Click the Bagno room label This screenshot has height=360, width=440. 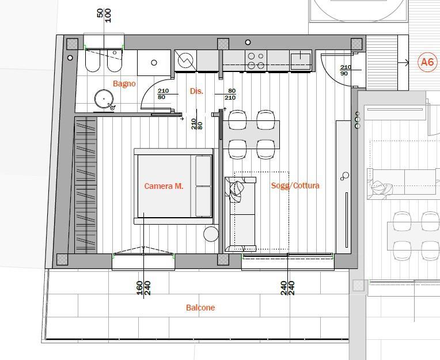[x=124, y=84]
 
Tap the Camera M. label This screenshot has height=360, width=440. [x=164, y=186]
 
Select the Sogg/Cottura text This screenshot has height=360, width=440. [x=295, y=185]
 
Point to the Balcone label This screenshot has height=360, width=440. [x=200, y=308]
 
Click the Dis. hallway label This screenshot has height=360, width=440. [x=196, y=91]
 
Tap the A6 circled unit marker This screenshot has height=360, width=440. [x=427, y=62]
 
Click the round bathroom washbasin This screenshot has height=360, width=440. [x=104, y=99]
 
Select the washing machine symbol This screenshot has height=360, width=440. [x=185, y=60]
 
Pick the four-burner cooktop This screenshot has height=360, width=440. [x=256, y=60]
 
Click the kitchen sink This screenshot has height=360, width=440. [x=301, y=60]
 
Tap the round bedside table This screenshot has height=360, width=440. [x=211, y=234]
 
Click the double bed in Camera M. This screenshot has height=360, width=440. [x=174, y=186]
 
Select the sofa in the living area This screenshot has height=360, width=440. [x=241, y=214]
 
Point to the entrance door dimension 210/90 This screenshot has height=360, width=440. [x=346, y=70]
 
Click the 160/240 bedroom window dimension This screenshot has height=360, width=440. [x=143, y=288]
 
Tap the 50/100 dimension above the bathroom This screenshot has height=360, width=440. [x=104, y=16]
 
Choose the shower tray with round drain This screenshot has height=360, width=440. [x=154, y=63]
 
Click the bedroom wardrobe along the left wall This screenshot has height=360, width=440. [x=86, y=185]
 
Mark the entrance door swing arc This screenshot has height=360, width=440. [x=329, y=70]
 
